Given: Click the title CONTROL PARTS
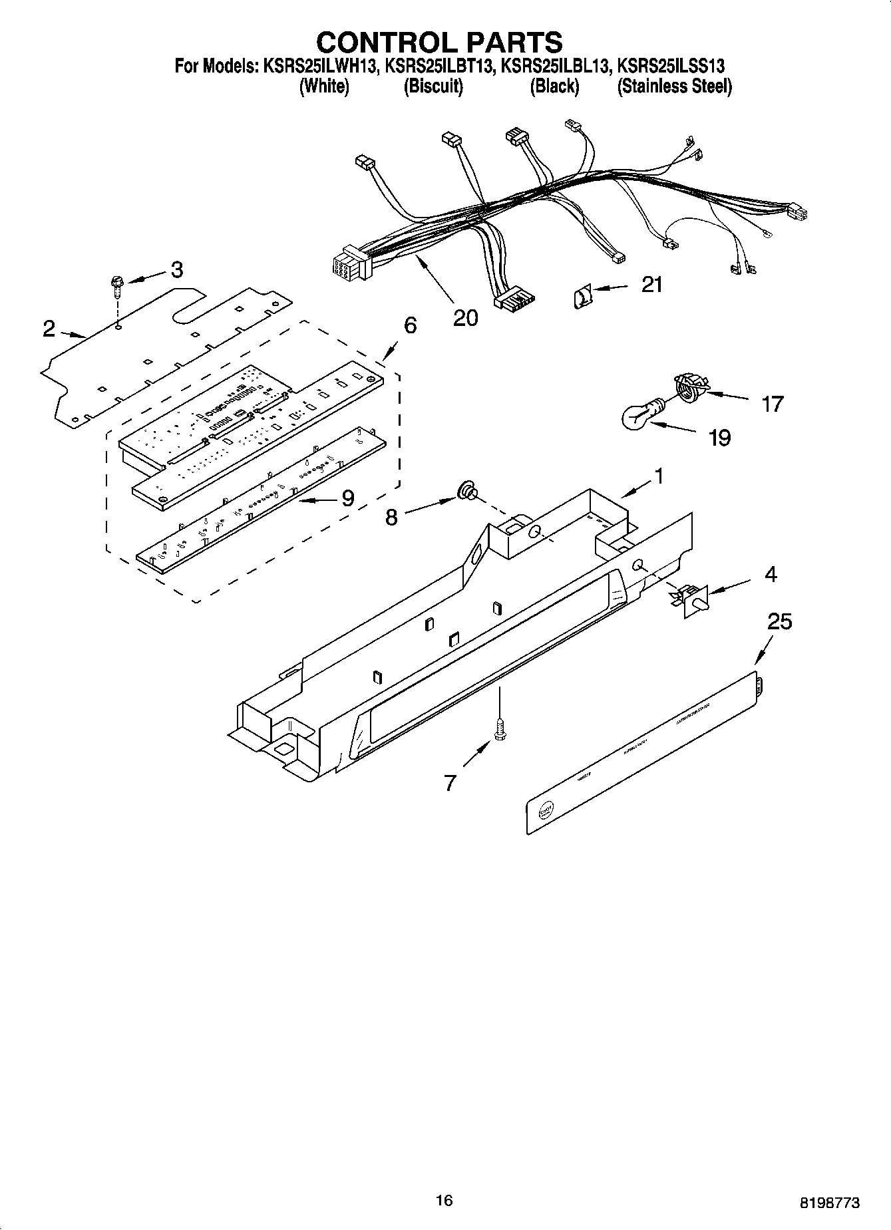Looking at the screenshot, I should tap(439, 42).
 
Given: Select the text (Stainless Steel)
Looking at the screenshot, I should tap(674, 86).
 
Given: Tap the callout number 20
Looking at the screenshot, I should tap(465, 318).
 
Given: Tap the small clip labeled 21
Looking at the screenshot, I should tap(582, 295).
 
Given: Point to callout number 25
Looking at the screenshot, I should tap(779, 622).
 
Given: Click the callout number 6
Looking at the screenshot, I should tap(410, 325).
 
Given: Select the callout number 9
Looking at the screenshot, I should tap(347, 498).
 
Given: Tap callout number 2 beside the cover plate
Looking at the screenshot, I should tap(49, 329).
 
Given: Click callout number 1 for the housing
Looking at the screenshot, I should tap(658, 476).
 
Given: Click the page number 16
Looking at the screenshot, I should tap(444, 1200).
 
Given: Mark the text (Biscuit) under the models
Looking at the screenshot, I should tap(433, 86).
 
